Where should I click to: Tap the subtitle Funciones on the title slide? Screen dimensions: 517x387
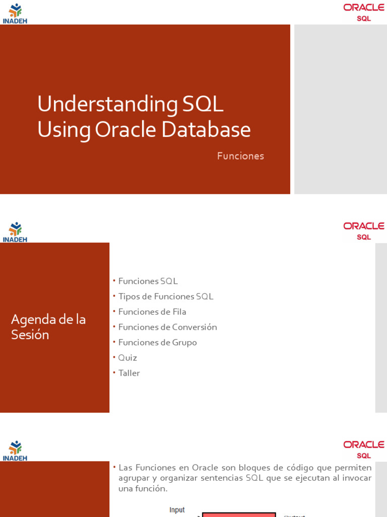point(240,156)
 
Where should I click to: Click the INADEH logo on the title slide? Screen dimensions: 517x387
point(15,13)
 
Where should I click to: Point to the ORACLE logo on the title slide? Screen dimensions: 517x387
point(364,12)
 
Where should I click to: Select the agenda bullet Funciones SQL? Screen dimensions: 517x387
point(148,281)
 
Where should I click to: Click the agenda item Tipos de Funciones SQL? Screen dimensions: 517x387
point(166,296)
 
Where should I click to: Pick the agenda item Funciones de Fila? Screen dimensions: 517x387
point(152,312)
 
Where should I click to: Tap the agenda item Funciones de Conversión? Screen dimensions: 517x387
point(167,327)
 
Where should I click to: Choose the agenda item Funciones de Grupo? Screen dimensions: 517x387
point(157,342)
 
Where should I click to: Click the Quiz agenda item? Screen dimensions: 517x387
point(127,357)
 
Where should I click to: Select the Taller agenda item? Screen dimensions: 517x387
point(129,373)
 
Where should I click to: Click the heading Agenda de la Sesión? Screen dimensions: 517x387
point(48,327)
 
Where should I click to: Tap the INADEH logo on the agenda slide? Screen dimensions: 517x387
point(15,232)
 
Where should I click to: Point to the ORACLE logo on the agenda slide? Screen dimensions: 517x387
point(364,230)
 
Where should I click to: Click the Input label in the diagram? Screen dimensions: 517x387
point(177,510)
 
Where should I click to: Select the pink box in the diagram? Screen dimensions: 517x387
point(239,514)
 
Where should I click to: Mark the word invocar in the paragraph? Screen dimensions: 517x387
point(355,478)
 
